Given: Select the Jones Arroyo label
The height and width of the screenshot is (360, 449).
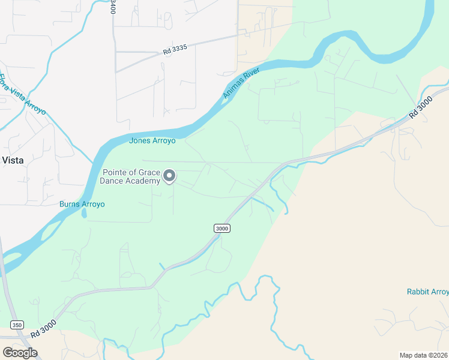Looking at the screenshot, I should click(x=152, y=140).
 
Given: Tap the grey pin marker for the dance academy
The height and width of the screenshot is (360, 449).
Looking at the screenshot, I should click(x=170, y=175).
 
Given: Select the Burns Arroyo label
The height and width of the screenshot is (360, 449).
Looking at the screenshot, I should click(x=82, y=204).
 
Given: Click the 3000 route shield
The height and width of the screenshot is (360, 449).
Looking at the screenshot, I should click(x=221, y=228).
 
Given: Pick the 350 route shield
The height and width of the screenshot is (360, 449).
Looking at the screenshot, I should click(x=17, y=325).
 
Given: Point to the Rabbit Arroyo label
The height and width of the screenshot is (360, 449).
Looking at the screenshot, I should click(x=427, y=292).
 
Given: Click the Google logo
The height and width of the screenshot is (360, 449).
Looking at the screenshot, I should click(x=19, y=352).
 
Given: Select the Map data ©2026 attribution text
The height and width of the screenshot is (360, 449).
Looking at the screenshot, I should click(x=423, y=355).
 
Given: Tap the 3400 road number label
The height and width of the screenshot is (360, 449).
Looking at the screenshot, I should click(x=113, y=8).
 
